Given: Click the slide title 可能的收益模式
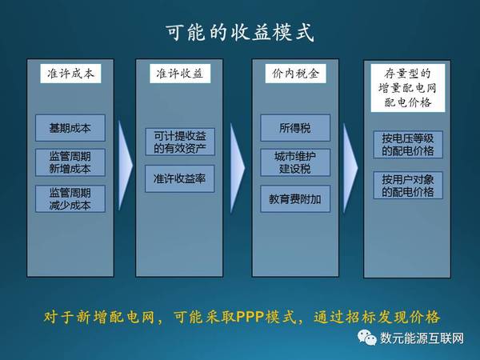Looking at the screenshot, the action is (x=240, y=32).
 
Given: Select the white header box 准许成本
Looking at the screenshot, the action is (x=70, y=74).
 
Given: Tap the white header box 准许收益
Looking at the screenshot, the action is (x=180, y=74).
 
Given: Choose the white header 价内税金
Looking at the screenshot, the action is (x=295, y=74).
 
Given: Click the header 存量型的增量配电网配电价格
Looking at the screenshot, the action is (x=407, y=88).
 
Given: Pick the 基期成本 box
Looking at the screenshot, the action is (x=70, y=128).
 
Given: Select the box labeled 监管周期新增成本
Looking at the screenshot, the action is (x=70, y=162).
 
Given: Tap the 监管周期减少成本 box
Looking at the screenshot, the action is (x=70, y=199).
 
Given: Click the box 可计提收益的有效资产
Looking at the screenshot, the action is (x=180, y=142).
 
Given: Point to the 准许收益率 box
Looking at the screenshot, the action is (x=180, y=178).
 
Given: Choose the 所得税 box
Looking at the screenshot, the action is (x=295, y=128).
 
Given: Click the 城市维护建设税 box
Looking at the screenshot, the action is (x=295, y=162).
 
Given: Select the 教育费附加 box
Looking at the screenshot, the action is (x=295, y=199).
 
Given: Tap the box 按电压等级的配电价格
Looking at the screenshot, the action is (x=408, y=145).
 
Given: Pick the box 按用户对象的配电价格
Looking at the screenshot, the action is (x=408, y=186).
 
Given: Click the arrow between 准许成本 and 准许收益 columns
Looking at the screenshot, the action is (x=125, y=166).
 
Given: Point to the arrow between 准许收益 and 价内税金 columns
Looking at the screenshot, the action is (x=238, y=168).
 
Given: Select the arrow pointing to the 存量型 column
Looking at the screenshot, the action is (x=350, y=168).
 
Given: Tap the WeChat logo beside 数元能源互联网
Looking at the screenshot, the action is (x=367, y=338).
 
